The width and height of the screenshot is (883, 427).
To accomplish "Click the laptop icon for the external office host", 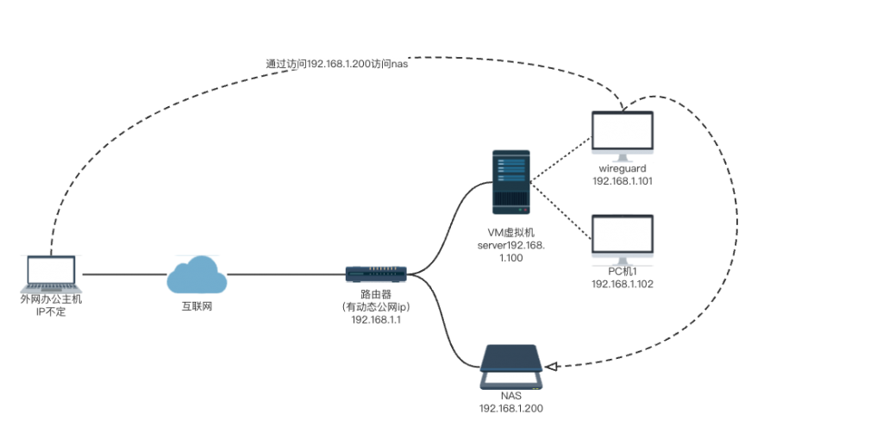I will [53, 275].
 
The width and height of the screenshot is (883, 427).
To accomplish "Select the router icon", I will [375, 274].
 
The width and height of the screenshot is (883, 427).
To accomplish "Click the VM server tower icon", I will [510, 181].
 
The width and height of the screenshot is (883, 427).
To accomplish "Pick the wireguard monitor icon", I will [622, 134].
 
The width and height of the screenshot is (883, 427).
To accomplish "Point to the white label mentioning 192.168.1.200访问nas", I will [336, 64].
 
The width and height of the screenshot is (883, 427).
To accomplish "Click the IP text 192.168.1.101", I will [622, 181].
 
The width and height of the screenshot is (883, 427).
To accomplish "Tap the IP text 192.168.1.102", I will [622, 284].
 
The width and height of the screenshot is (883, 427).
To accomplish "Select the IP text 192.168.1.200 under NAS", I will [511, 408].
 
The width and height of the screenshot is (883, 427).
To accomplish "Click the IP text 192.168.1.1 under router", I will [375, 319].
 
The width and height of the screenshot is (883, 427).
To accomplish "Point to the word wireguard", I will [622, 169].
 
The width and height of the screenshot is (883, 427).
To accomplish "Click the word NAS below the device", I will [511, 396].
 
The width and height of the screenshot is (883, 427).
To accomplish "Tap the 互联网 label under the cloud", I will [197, 305].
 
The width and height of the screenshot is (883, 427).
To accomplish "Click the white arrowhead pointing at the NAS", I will [553, 367].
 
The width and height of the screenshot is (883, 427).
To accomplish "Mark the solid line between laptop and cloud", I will [125, 275].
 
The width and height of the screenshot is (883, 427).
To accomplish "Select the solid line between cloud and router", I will [285, 275].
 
